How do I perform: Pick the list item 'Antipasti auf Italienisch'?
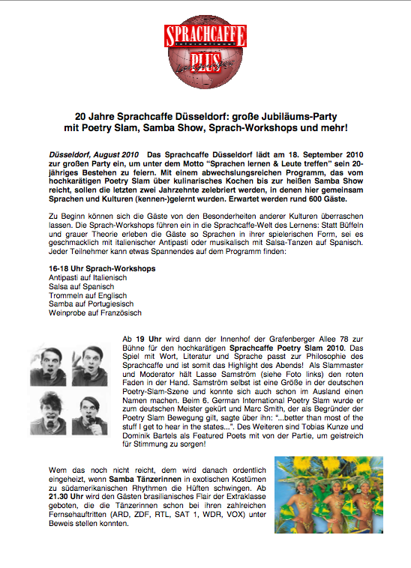point(82,277)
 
